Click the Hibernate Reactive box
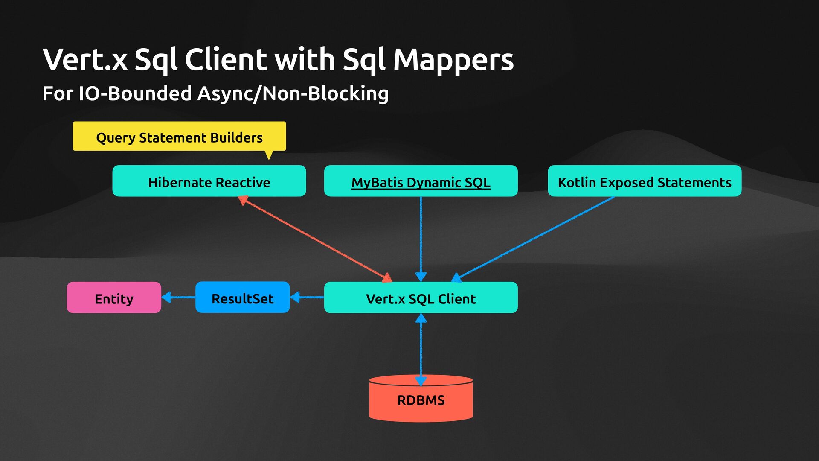point(209,181)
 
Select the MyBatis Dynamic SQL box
point(421,181)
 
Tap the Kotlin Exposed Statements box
point(644,181)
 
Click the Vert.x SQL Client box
point(421,298)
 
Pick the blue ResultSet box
point(242,298)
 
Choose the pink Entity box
point(114,298)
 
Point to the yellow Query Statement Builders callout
point(179,137)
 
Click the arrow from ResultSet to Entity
point(178,297)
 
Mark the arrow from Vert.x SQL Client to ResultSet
point(307,297)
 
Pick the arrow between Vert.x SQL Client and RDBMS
point(421,348)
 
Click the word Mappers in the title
point(453,60)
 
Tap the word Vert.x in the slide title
point(85,60)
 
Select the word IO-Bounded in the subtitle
point(135,93)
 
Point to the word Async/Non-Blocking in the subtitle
point(293,93)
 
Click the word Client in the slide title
point(226,60)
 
